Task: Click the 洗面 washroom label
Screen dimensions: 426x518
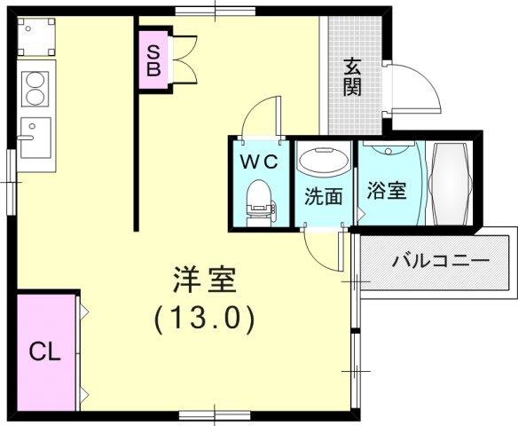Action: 323,196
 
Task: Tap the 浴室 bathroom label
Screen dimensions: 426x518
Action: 387,190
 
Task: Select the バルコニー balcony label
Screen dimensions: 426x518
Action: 441,262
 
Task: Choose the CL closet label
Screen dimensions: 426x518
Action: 44,351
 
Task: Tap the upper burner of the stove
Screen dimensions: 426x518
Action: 35,79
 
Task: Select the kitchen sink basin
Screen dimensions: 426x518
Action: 36,138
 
